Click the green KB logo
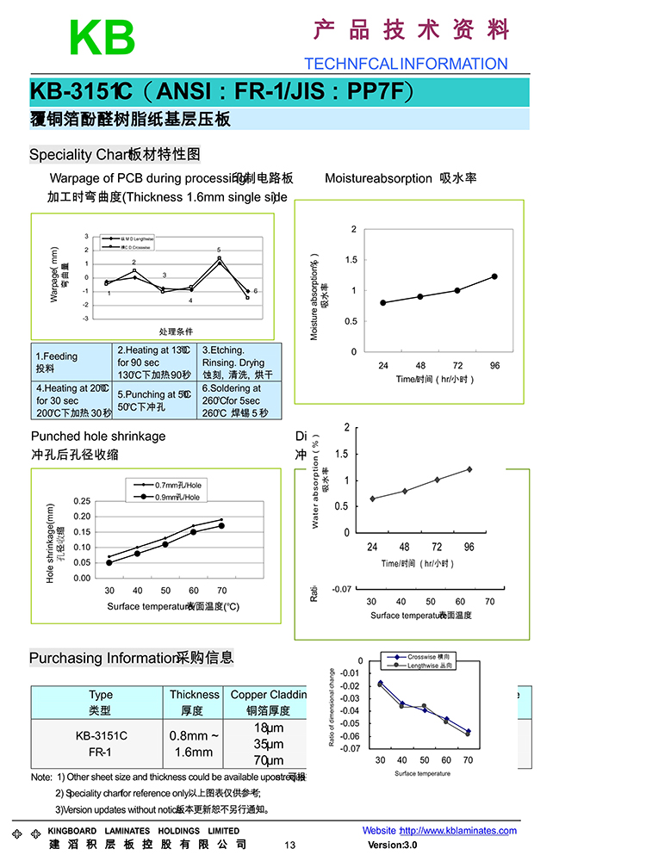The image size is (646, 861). click(x=102, y=38)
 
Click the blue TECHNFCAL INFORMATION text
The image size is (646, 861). click(x=406, y=64)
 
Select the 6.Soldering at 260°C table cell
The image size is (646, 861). click(x=239, y=400)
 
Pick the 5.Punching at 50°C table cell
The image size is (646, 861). click(x=156, y=400)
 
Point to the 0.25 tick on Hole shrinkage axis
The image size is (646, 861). click(x=82, y=501)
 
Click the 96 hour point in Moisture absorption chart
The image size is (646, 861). click(x=494, y=276)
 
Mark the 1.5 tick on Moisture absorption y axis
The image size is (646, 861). click(x=353, y=260)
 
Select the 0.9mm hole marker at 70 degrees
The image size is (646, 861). click(x=221, y=525)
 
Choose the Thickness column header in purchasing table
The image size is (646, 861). click(x=195, y=703)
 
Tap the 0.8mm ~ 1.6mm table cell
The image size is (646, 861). click(x=195, y=744)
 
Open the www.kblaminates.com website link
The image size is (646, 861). click(x=458, y=831)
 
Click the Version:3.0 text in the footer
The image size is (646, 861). click(x=392, y=845)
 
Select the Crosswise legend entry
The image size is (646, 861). click(x=418, y=657)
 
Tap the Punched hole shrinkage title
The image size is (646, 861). click(x=98, y=437)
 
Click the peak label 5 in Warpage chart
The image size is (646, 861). click(x=219, y=250)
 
